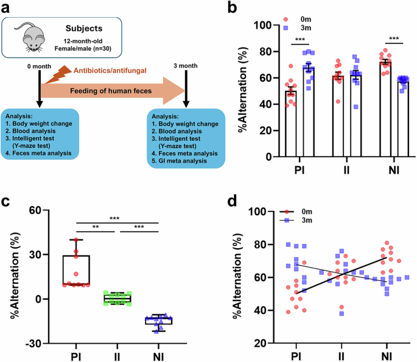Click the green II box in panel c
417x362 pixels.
point(118,299)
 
